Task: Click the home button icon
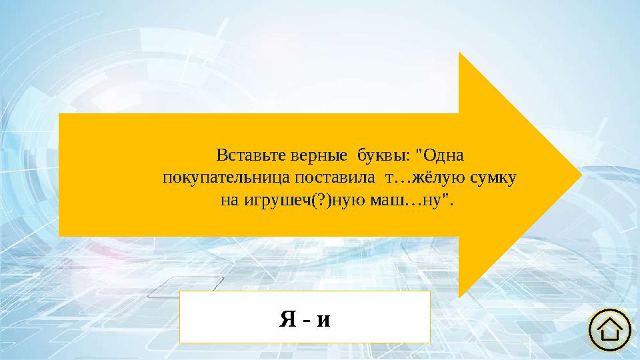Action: [610, 329]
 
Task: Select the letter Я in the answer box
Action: [287, 319]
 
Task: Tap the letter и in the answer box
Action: [323, 320]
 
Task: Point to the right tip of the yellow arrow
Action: [582, 175]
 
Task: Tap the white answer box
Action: [305, 316]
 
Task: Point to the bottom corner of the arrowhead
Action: [459, 296]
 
